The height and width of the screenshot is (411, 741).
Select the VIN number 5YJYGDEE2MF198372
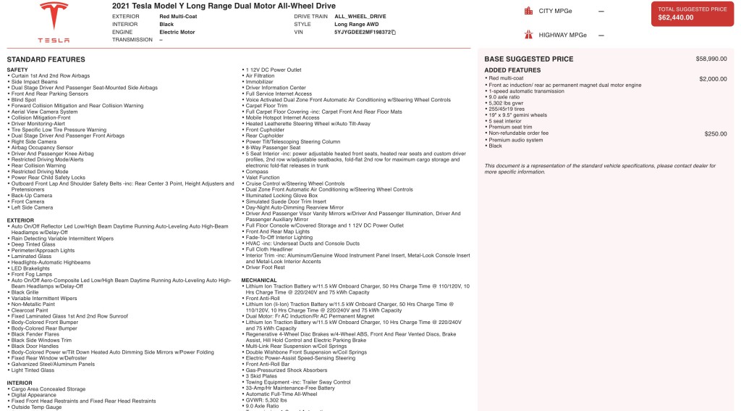[362, 33]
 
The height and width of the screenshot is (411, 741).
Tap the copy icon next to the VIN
[394, 33]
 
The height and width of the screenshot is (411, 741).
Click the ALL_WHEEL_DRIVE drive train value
[360, 15]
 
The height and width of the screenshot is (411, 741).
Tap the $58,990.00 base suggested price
[711, 59]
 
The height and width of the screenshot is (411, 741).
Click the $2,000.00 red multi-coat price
[713, 78]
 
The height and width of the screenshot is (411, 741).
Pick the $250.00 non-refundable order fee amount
[716, 133]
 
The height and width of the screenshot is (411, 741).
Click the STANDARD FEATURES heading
[46, 59]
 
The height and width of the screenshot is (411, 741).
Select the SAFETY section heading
[17, 70]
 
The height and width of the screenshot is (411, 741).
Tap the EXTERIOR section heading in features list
[20, 220]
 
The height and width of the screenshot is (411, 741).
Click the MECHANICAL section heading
[259, 280]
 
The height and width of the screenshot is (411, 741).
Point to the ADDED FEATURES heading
[512, 70]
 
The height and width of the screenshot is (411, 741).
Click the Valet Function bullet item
[263, 178]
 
